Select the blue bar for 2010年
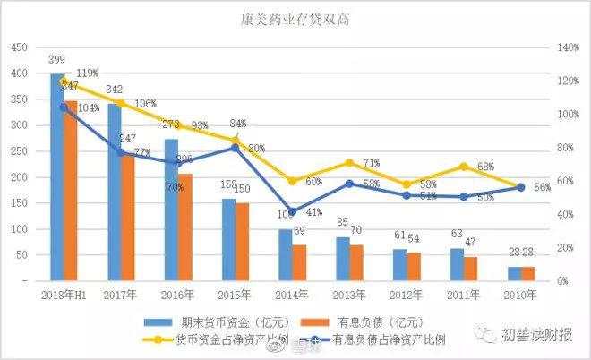(x=514, y=273)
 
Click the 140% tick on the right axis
(x=566, y=47)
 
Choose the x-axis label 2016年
(x=177, y=294)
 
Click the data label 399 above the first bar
(x=58, y=60)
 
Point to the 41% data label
(x=313, y=213)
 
